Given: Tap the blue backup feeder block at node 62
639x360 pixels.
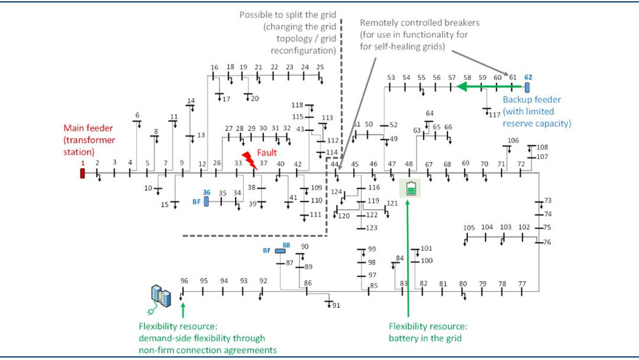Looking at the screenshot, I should pyautogui.click(x=527, y=87).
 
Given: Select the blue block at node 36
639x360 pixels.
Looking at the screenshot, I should pyautogui.click(x=206, y=201).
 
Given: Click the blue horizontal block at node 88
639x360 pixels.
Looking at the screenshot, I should pyautogui.click(x=280, y=251).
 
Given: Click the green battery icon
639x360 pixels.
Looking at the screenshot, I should pyautogui.click(x=411, y=189).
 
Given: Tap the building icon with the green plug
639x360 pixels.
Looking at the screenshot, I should pyautogui.click(x=160, y=297).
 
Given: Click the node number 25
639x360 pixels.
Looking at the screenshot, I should pyautogui.click(x=320, y=67).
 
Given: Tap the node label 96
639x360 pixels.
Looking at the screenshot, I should pyautogui.click(x=185, y=281).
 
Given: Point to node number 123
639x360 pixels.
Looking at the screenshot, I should pyautogui.click(x=372, y=228).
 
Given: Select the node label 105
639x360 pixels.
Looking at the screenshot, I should pyautogui.click(x=469, y=228).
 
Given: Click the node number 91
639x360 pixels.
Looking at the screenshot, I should pyautogui.click(x=336, y=306).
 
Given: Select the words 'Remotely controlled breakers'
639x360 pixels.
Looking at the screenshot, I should pyautogui.click(x=420, y=23).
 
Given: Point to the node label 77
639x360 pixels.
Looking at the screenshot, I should pyautogui.click(x=522, y=284).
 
